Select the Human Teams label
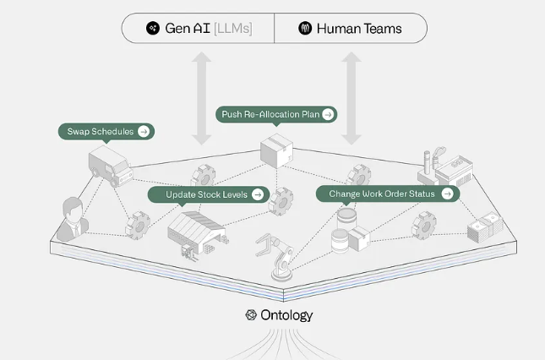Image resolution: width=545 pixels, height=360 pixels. coord(359,28)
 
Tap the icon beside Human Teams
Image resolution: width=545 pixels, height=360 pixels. coord(305,28)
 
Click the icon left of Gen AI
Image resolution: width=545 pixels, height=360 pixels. coord(152,28)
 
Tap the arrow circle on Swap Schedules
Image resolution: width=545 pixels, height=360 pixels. coord(144,132)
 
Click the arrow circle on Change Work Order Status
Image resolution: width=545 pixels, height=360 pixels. coord(447,194)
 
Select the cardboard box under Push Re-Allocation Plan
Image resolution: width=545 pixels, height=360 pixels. coord(275,151)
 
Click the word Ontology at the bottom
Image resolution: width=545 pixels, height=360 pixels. coord(286,315)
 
